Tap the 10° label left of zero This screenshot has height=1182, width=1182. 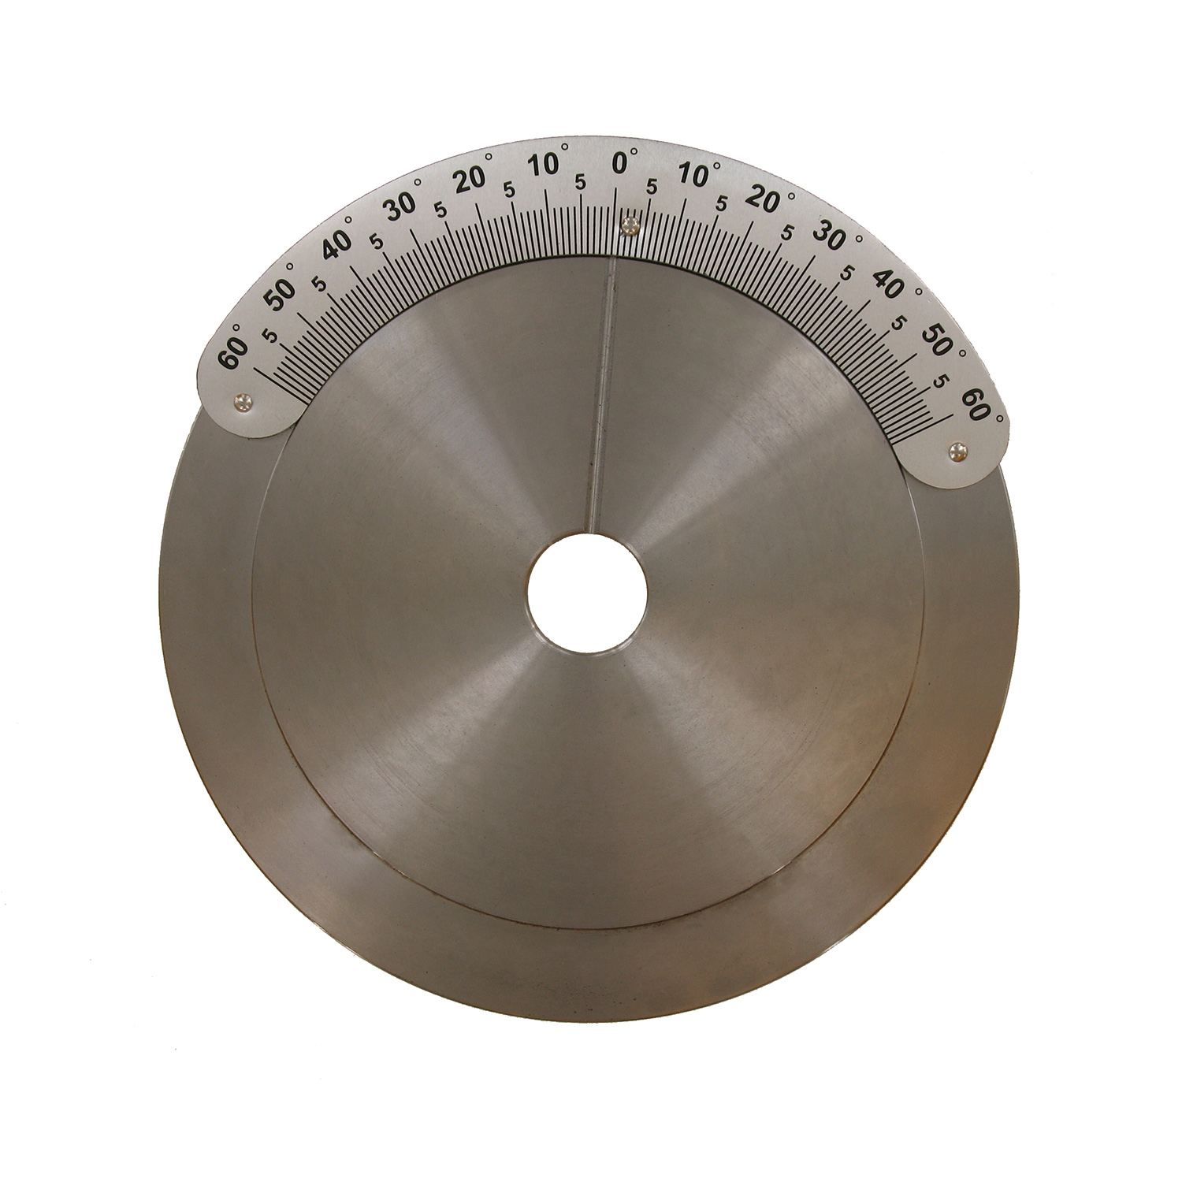[548, 166]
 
